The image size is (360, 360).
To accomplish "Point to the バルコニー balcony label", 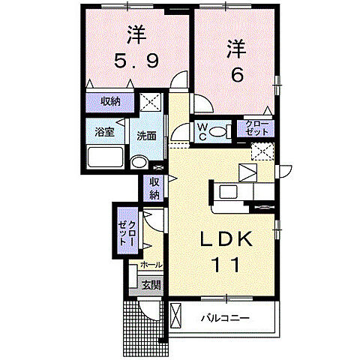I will click(x=224, y=318).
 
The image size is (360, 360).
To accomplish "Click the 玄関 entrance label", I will click(x=151, y=284).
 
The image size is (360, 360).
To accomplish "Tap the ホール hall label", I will click(x=149, y=265).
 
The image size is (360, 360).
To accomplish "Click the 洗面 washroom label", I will click(x=145, y=136).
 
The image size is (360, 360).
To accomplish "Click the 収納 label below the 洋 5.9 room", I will click(x=109, y=101).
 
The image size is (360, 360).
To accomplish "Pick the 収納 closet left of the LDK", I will click(x=154, y=188).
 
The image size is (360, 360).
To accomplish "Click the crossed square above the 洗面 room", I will click(x=150, y=101).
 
